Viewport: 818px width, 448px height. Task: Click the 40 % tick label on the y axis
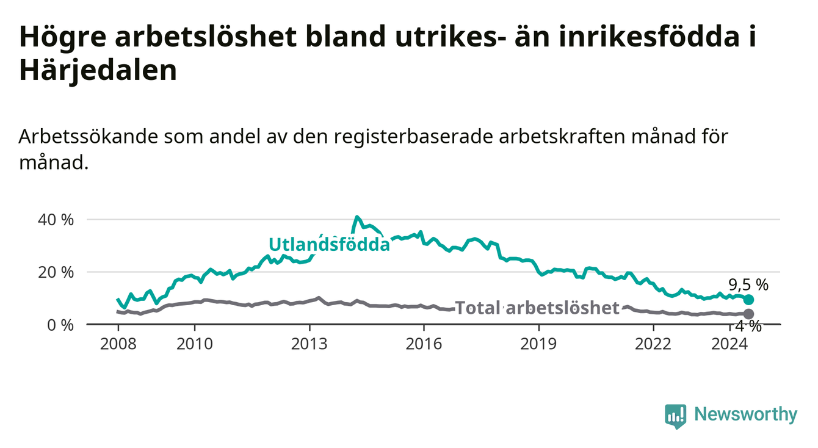tap(56, 220)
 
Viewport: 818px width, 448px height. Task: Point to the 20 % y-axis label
tap(56, 272)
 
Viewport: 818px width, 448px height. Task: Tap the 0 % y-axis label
tap(60, 325)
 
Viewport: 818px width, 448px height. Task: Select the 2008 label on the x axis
tap(118, 344)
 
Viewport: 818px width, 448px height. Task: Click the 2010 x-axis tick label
tap(195, 344)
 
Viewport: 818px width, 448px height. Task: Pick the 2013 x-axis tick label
tap(309, 344)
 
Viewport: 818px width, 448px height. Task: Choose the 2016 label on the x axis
tap(424, 344)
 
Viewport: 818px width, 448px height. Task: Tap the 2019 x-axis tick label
tap(538, 344)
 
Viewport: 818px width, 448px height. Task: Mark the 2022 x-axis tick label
tap(653, 344)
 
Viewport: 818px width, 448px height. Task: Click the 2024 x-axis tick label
tap(729, 344)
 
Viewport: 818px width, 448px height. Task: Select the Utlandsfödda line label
tap(330, 244)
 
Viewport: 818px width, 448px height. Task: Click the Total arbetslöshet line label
tap(537, 308)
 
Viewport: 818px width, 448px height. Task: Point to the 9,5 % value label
tap(748, 285)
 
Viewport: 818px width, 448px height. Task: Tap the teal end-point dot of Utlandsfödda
tap(748, 300)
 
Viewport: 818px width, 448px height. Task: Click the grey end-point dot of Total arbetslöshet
tap(748, 314)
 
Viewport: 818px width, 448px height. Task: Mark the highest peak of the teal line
tap(357, 217)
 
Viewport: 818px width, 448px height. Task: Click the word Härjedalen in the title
tap(98, 71)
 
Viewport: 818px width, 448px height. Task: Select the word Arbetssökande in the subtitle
tap(89, 137)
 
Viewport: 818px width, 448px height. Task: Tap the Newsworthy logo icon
tap(676, 416)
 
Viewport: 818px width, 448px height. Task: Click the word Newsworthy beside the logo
tap(746, 414)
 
